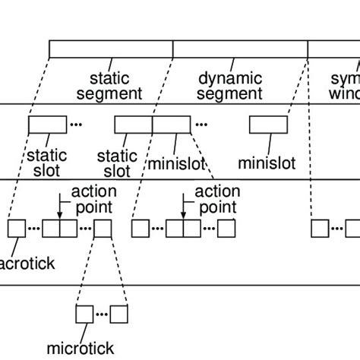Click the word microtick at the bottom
point(80,349)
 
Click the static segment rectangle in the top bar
point(111,49)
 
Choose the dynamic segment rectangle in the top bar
point(240,49)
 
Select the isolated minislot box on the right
point(268,124)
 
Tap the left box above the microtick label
point(84,314)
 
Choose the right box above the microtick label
point(119,314)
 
